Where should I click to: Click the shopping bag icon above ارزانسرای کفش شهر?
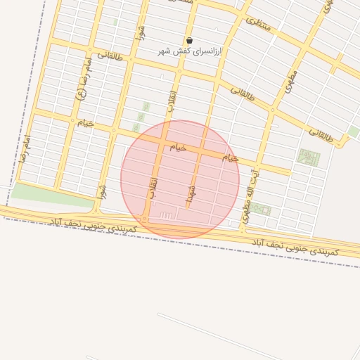click(x=189, y=41)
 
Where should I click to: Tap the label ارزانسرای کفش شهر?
click(x=189, y=52)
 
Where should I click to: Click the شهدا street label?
click(x=191, y=192)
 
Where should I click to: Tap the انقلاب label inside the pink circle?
click(x=153, y=186)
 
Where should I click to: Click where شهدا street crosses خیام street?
click(x=200, y=151)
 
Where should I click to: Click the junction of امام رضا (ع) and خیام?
click(x=71, y=120)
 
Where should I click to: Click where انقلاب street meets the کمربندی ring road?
click(x=145, y=219)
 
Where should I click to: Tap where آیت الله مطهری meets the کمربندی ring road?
click(x=242, y=229)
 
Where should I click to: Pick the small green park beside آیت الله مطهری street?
click(x=262, y=209)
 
